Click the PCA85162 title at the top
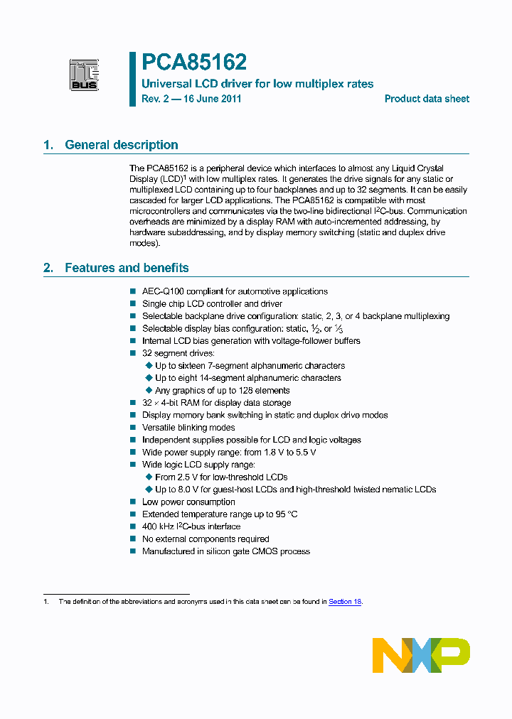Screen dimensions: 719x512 (194, 63)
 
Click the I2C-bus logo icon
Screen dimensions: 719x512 (84, 75)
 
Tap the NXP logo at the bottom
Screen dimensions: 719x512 (421, 655)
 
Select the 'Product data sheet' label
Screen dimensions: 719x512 (427, 99)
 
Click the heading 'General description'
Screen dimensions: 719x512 (122, 145)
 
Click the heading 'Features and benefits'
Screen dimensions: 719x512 (127, 268)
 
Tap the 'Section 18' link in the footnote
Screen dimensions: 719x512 (345, 602)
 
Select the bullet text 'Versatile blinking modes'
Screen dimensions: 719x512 (188, 428)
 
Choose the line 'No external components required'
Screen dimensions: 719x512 (206, 539)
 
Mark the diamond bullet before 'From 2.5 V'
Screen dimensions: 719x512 (149, 477)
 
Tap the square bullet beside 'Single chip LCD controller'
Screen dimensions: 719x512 (133, 304)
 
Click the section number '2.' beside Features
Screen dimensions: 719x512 (48, 268)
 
